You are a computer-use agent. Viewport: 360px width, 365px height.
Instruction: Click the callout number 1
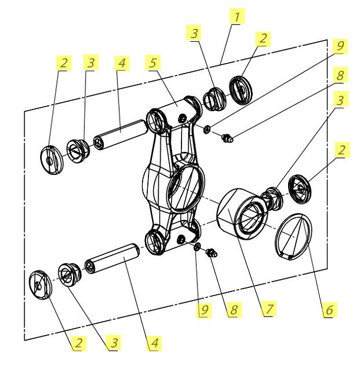click(236, 16)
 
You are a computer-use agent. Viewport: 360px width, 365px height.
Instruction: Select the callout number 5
click(153, 62)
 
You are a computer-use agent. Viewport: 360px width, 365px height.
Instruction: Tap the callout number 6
click(329, 308)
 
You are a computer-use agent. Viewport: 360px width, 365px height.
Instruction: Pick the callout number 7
click(269, 308)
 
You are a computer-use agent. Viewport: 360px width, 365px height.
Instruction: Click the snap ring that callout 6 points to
click(294, 235)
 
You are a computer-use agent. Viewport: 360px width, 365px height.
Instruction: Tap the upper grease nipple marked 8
click(227, 138)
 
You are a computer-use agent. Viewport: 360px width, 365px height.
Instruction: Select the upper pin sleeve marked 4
click(120, 132)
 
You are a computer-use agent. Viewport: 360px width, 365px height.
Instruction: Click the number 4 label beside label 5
click(122, 62)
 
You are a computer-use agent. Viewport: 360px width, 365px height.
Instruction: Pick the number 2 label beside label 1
click(262, 39)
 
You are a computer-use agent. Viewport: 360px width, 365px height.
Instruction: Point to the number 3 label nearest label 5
click(194, 32)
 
